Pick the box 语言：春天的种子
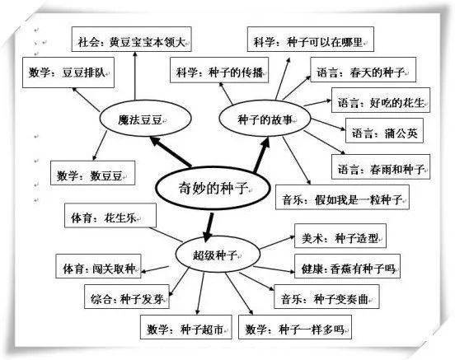point(364,74)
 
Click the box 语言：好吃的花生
point(380,103)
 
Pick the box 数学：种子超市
point(182,330)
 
